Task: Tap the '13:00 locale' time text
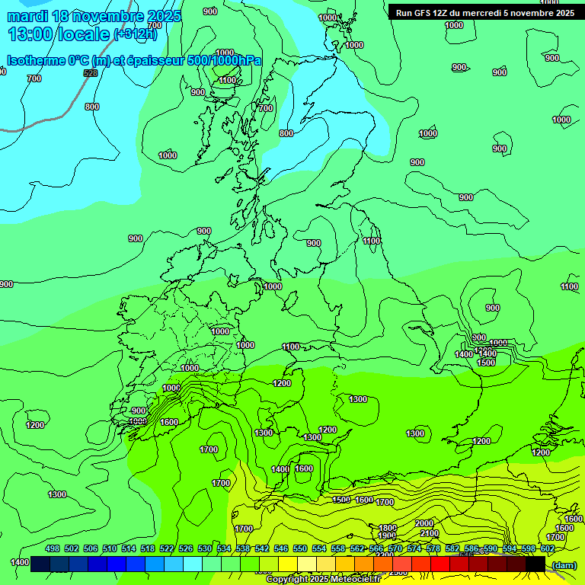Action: tap(59, 34)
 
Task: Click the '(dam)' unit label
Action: tap(564, 564)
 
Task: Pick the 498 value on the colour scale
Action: tap(53, 548)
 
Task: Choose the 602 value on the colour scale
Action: tap(547, 548)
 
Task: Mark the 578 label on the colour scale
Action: tap(433, 548)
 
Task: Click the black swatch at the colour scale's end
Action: tap(535, 564)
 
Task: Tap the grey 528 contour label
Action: tap(91, 73)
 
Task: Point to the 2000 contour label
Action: tap(424, 523)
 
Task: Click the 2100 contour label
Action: tap(429, 534)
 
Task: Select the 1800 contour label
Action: tap(388, 528)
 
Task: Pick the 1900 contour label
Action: tap(387, 536)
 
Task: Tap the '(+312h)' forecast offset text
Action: tap(136, 34)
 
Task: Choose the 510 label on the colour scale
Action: tap(110, 548)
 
